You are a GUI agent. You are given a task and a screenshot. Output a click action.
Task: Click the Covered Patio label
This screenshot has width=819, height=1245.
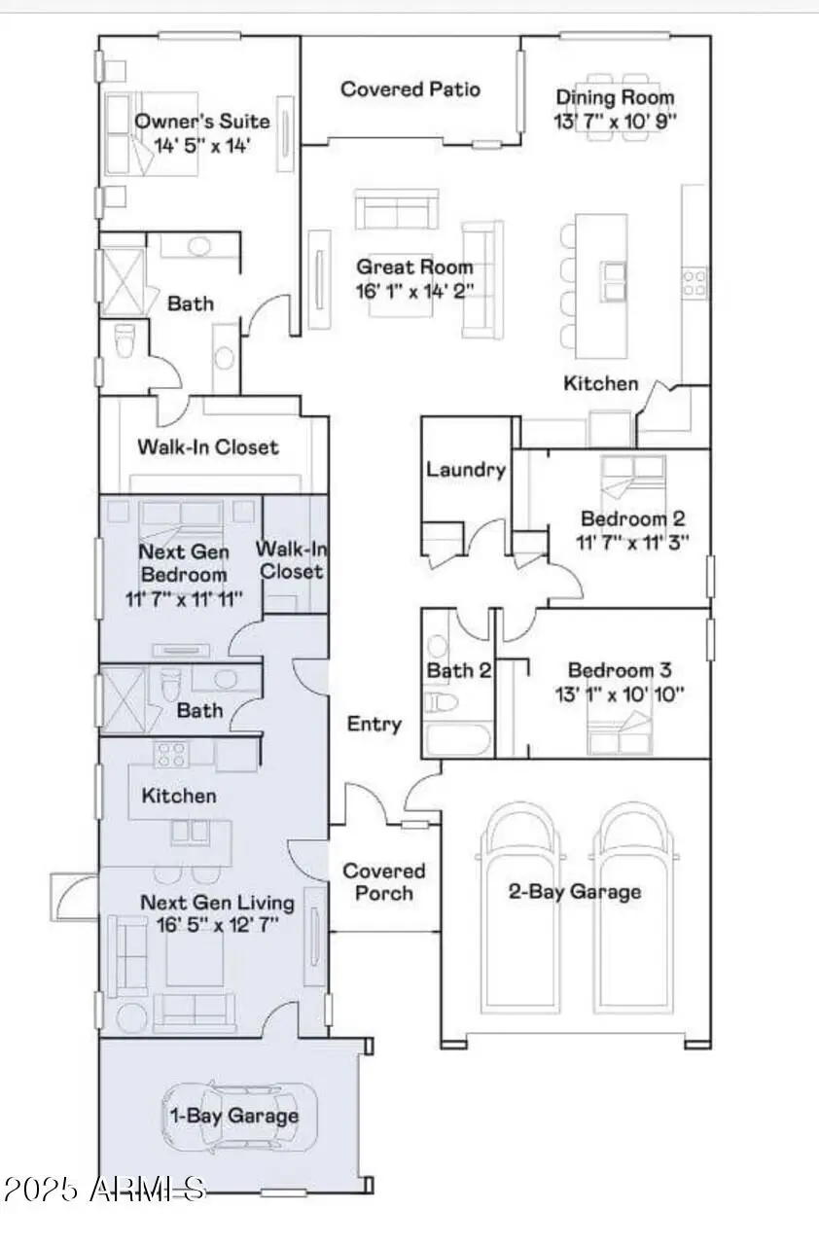(409, 89)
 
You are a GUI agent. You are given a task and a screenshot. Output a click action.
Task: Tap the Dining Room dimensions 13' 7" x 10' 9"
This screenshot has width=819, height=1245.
(615, 121)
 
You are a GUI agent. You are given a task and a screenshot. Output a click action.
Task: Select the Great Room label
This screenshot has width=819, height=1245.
(414, 267)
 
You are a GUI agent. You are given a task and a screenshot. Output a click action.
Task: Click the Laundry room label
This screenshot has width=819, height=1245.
(466, 470)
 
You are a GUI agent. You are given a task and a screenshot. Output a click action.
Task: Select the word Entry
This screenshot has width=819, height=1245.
(374, 724)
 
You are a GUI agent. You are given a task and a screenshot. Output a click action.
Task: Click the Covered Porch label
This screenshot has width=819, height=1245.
(384, 882)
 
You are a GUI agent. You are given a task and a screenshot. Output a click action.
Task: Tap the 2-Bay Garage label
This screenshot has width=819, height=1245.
(575, 891)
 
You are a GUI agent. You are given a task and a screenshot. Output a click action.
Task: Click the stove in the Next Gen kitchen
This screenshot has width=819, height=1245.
(171, 754)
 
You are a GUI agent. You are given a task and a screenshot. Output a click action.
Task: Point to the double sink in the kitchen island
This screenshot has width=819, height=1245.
(614, 281)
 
